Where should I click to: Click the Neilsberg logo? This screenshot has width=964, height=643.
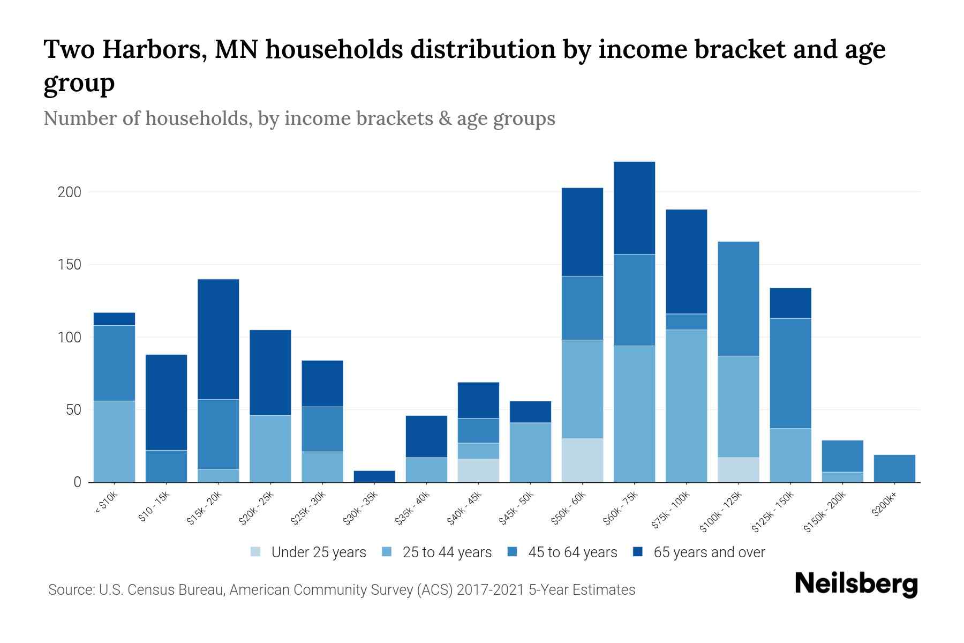click(856, 584)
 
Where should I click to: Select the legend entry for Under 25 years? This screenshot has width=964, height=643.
click(308, 552)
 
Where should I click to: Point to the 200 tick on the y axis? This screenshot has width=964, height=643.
click(69, 192)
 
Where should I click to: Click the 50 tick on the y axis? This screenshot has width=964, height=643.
click(73, 410)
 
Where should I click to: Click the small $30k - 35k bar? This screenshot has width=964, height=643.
click(374, 476)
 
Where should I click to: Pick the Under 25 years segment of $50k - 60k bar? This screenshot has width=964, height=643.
click(582, 460)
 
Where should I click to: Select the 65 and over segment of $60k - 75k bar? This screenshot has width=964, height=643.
click(634, 208)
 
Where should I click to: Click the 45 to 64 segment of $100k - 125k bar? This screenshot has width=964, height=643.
click(738, 299)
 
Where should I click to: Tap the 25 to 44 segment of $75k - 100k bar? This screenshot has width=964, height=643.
click(686, 406)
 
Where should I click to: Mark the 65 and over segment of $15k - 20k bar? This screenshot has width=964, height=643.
click(218, 339)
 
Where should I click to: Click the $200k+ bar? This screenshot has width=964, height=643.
click(894, 468)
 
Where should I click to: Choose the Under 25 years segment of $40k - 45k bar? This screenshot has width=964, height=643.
click(478, 470)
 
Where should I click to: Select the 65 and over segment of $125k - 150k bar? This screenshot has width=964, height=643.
click(790, 303)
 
